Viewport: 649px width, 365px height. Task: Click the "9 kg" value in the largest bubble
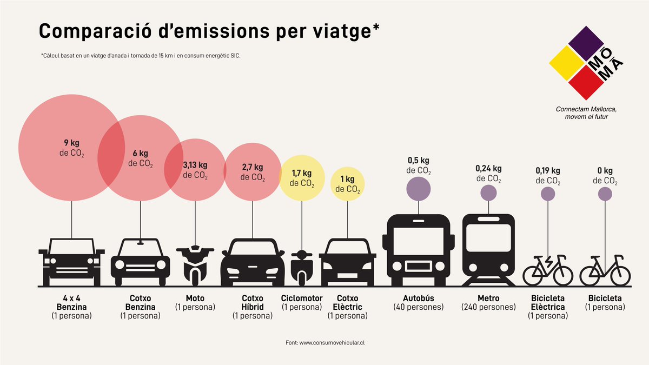tap(71, 143)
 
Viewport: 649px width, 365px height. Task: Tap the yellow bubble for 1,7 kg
tap(302, 178)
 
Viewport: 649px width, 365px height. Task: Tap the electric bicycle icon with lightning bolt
tap(547, 270)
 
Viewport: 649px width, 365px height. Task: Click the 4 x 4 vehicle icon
tap(71, 262)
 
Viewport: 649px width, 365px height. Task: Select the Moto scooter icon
tap(195, 265)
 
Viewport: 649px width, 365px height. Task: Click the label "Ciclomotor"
tap(302, 298)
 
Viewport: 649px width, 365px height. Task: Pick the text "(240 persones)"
tap(488, 307)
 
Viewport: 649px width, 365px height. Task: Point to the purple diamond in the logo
tap(586, 45)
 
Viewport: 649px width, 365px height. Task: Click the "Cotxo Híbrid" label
tap(252, 302)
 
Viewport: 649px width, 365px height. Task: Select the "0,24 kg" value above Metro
tap(488, 169)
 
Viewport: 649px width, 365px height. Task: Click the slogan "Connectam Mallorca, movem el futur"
tap(586, 112)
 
